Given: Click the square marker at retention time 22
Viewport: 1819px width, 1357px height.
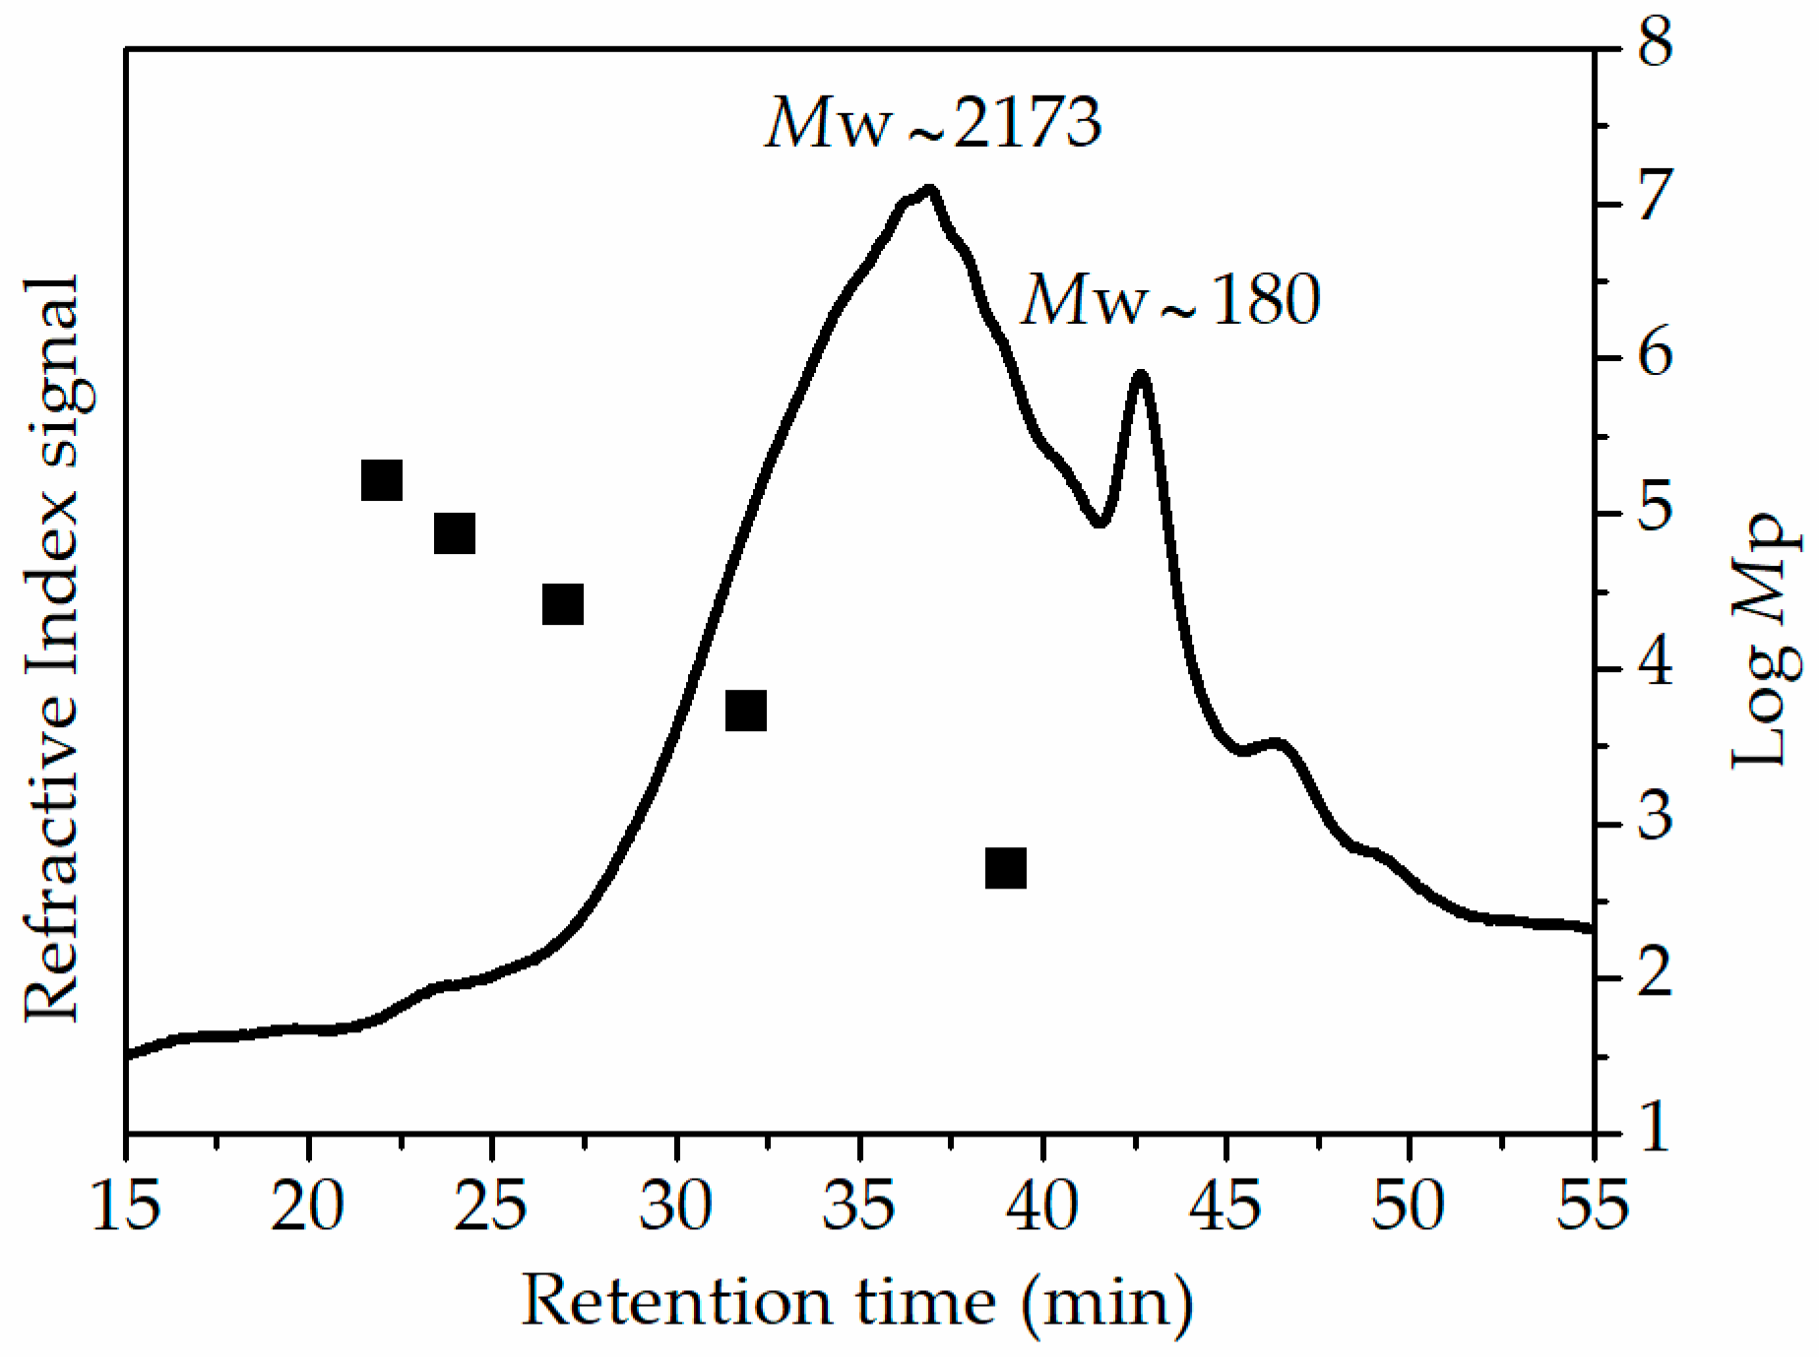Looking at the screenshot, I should point(382,480).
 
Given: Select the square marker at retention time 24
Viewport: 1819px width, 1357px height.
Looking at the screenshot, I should point(455,533).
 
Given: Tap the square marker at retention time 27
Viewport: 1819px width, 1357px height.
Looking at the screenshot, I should point(563,604).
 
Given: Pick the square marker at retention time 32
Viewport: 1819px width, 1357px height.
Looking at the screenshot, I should point(746,710).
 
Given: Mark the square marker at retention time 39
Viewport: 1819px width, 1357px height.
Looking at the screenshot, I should point(1006,868).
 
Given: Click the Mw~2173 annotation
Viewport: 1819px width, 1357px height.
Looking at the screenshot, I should point(933,124).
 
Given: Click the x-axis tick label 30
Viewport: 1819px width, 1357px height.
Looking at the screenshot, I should point(675,1205).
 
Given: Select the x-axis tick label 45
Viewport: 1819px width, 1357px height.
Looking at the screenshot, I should point(1225,1205).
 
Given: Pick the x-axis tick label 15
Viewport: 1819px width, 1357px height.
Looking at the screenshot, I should point(125,1205).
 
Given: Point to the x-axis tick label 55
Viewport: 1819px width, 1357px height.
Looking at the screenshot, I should point(1592,1205).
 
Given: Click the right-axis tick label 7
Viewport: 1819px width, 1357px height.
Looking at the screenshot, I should point(1655,196).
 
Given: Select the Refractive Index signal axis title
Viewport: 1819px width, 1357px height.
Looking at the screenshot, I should point(51,649).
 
